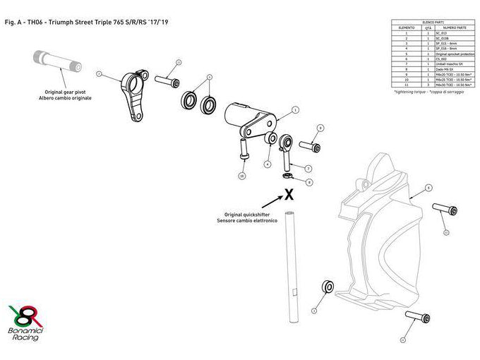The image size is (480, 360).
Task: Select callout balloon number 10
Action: (x=242, y=175)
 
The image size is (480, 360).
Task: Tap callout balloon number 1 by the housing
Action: (x=295, y=109)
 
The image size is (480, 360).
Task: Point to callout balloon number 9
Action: (x=320, y=128)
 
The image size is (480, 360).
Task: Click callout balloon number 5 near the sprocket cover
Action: (x=428, y=188)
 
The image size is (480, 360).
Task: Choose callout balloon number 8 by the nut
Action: (x=309, y=181)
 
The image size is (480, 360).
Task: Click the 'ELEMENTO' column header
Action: (x=407, y=28)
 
